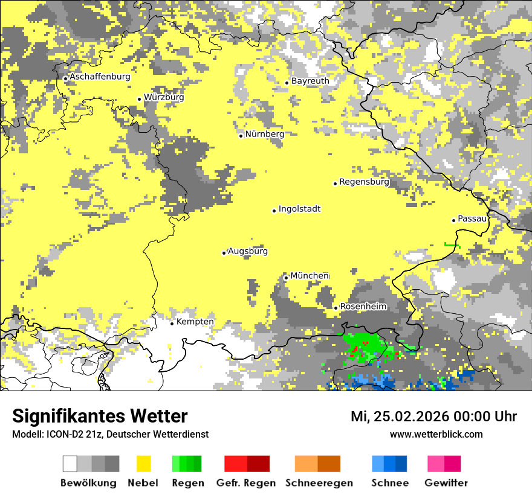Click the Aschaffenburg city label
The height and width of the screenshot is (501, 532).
(100, 77)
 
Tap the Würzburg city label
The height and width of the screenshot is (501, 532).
(164, 97)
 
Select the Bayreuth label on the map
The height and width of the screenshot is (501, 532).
(310, 81)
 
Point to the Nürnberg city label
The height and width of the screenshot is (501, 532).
(265, 134)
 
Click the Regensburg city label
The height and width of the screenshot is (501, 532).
(364, 182)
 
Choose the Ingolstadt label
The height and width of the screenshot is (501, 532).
(299, 209)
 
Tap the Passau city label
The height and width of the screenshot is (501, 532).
(472, 219)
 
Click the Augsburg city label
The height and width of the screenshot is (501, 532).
(248, 251)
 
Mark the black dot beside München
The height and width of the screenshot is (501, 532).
(286, 278)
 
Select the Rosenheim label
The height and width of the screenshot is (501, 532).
(363, 307)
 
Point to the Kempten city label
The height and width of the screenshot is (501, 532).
(195, 322)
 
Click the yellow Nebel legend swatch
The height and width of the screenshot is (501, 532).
(144, 464)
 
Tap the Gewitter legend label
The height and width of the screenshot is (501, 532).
(446, 483)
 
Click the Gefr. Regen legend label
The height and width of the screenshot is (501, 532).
(246, 483)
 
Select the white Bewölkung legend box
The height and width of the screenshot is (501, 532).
(70, 464)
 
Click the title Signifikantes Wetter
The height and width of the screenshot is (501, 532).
(100, 416)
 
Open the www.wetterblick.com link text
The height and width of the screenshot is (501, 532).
(436, 434)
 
